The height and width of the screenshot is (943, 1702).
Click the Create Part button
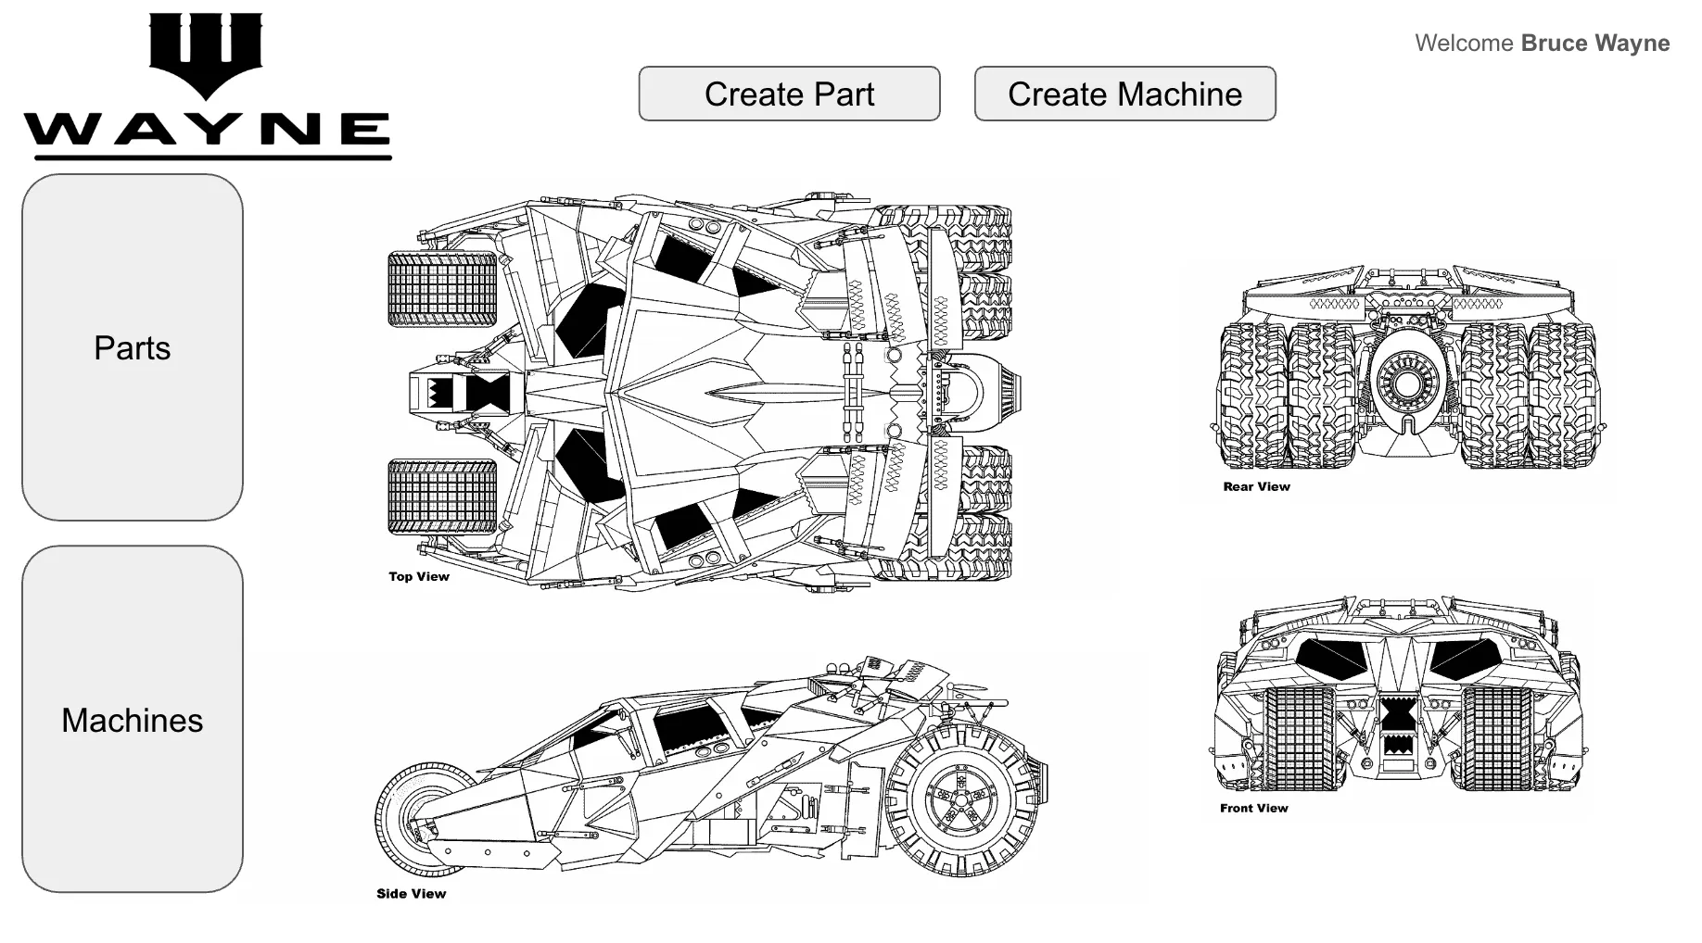[789, 94]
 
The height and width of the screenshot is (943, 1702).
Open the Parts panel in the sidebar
[133, 347]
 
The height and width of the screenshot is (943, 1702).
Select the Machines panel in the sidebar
[133, 720]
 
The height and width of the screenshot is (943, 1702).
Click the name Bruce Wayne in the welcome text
[1594, 44]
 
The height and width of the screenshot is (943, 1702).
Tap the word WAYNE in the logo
[207, 129]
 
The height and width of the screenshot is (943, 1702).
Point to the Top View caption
[419, 576]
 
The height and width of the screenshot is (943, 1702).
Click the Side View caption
[411, 894]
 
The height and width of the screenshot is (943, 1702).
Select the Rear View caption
[1256, 486]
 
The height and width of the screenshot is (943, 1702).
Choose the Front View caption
[1253, 808]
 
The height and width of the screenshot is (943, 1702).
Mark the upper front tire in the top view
[442, 289]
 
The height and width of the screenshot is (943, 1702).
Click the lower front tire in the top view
[442, 497]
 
